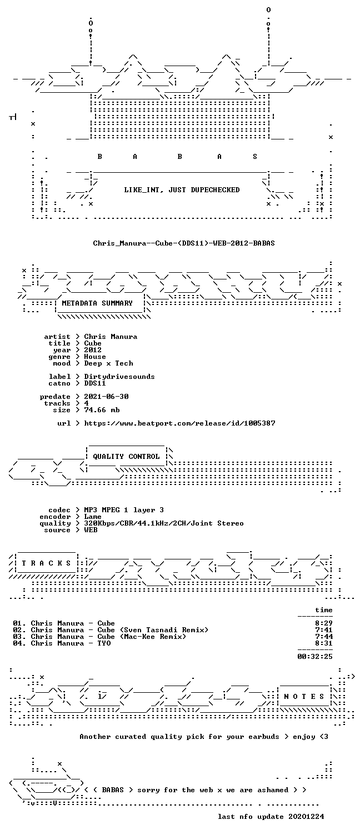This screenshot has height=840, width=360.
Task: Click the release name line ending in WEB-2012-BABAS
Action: (x=184, y=243)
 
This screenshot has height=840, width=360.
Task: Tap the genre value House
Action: (x=95, y=357)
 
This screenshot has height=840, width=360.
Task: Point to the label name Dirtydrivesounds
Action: (x=119, y=377)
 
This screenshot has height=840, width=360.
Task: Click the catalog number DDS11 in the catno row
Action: (x=95, y=383)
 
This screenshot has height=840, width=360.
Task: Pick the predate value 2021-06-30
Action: (x=106, y=396)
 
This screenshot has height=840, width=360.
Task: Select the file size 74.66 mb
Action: (x=102, y=410)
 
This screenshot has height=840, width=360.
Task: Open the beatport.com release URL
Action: (x=179, y=423)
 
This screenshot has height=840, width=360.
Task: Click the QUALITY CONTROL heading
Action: (x=126, y=456)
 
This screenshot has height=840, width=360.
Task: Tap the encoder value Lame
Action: (x=93, y=516)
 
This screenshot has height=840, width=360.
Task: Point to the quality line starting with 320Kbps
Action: (x=164, y=523)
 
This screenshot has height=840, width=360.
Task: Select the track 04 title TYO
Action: (x=71, y=643)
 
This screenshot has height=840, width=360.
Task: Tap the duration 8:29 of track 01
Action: (x=324, y=623)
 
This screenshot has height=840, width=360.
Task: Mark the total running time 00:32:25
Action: (x=315, y=656)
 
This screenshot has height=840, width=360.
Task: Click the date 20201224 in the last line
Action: (x=306, y=816)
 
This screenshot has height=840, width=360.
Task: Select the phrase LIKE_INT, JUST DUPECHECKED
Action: (x=182, y=190)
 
